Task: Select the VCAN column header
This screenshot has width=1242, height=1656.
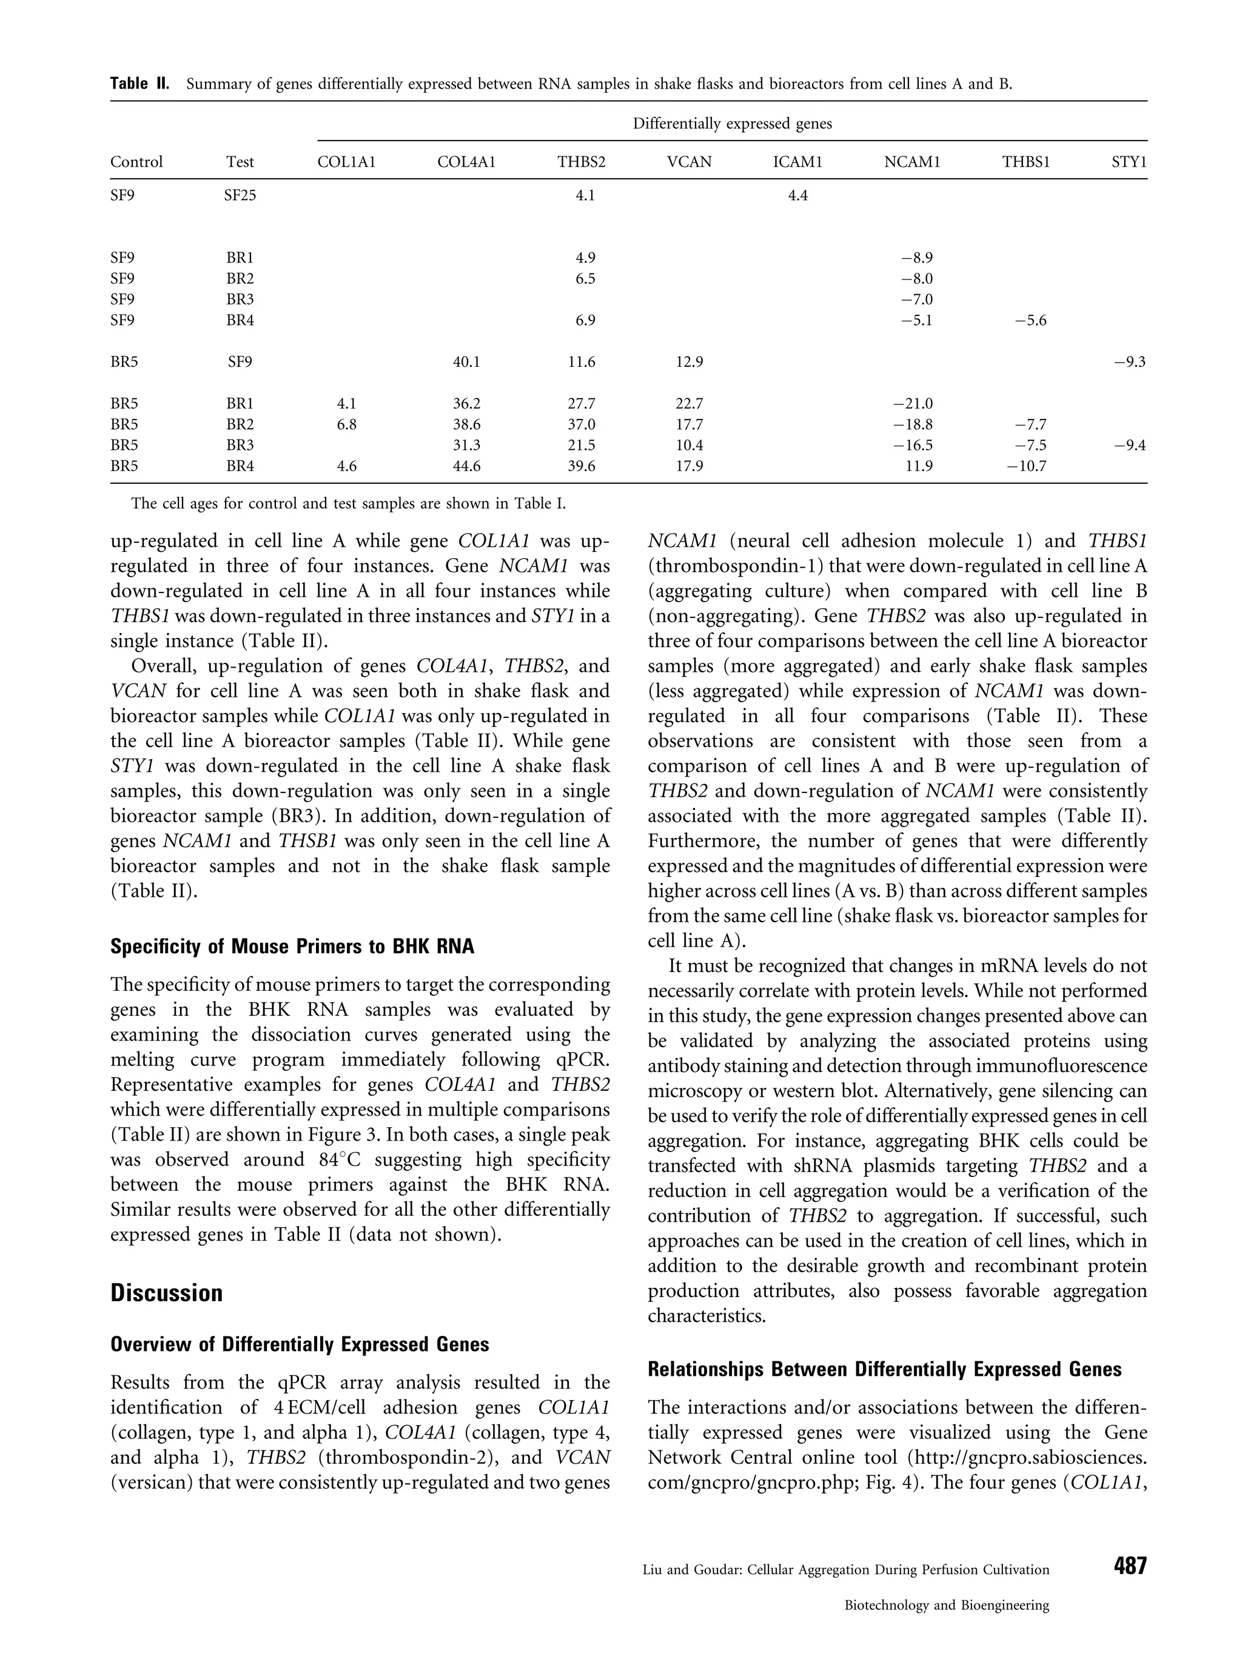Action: pyautogui.click(x=689, y=162)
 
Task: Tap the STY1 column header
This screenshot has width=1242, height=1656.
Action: pyautogui.click(x=1129, y=162)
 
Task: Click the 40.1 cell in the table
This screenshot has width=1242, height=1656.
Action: pyautogui.click(x=466, y=363)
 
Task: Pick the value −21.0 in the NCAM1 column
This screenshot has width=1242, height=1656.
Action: pyautogui.click(x=913, y=404)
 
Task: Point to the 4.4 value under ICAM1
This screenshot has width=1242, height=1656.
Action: pyautogui.click(x=797, y=196)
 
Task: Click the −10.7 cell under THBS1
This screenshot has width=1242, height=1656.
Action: pyautogui.click(x=1025, y=466)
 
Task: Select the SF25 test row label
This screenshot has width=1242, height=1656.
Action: pyautogui.click(x=240, y=196)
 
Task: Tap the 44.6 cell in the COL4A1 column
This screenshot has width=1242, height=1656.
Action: pyautogui.click(x=466, y=466)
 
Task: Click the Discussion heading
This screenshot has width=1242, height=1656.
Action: pyautogui.click(x=166, y=1293)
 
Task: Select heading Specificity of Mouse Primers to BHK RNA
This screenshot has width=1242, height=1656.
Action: pyautogui.click(x=292, y=947)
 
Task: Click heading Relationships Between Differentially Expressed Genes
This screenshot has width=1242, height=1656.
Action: pyautogui.click(x=884, y=1370)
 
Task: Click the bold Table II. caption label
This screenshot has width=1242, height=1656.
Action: pyautogui.click(x=139, y=84)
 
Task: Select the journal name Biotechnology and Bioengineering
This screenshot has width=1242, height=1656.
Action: pyautogui.click(x=946, y=1605)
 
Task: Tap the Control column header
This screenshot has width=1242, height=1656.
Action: pyautogui.click(x=136, y=162)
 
